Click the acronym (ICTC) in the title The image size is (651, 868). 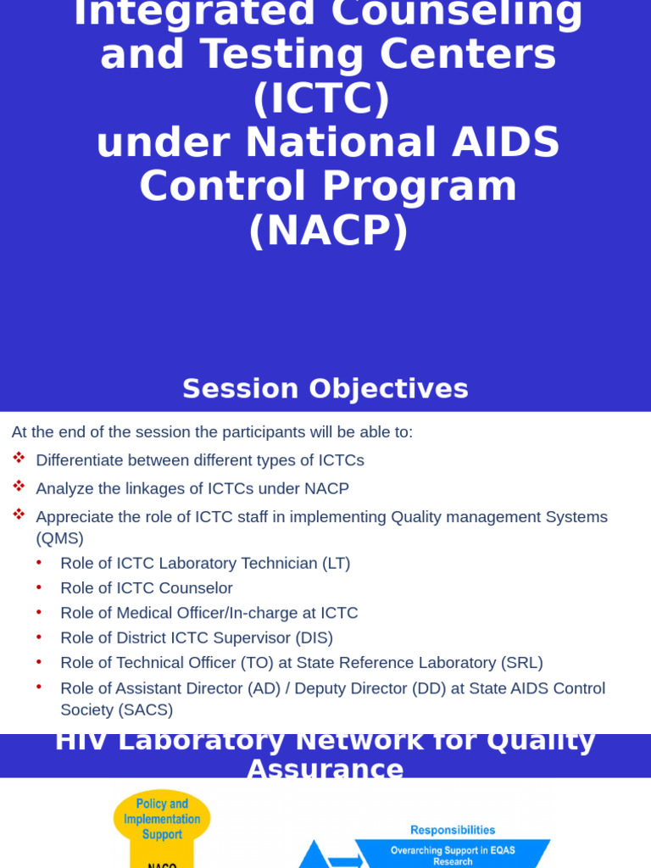click(x=321, y=98)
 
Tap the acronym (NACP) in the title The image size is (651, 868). click(x=328, y=230)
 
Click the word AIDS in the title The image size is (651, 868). click(x=505, y=142)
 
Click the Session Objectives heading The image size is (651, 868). click(x=325, y=389)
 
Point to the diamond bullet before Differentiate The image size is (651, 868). click(x=19, y=459)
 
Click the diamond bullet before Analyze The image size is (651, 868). click(x=19, y=487)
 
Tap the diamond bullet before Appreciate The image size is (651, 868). click(x=19, y=515)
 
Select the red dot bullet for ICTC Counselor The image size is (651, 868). click(x=39, y=587)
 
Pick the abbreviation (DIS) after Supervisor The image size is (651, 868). click(x=314, y=637)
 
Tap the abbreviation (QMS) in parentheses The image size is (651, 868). click(x=59, y=538)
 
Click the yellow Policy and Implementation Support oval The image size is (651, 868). click(x=162, y=819)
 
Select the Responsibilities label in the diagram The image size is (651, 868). click(x=453, y=831)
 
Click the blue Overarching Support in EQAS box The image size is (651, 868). click(x=453, y=854)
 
